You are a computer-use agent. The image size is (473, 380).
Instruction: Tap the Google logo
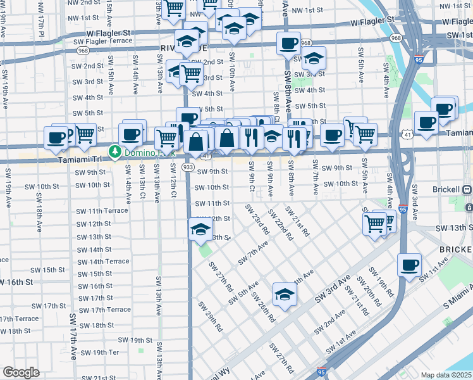(x=21, y=372)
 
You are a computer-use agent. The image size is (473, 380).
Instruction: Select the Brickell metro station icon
(x=466, y=189)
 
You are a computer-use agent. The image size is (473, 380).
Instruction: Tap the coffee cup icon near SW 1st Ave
(x=409, y=264)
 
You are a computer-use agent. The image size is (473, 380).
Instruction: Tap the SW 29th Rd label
(x=211, y=317)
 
